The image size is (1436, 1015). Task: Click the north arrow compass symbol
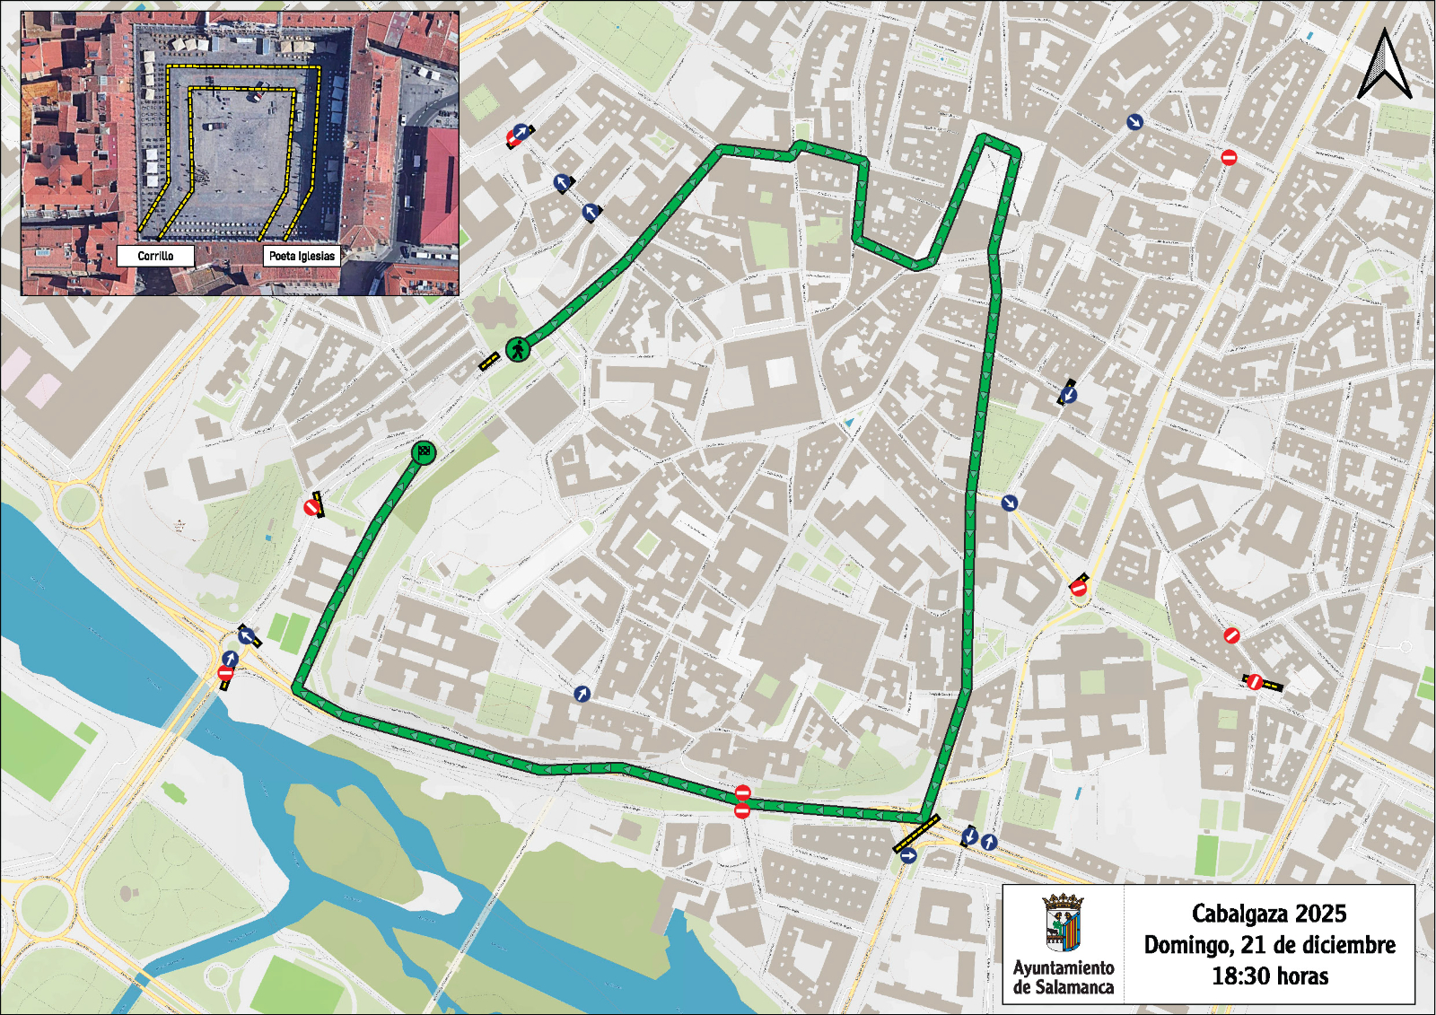click(x=1385, y=65)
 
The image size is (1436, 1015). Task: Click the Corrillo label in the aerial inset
click(x=155, y=256)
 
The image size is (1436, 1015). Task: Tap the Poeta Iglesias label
click(x=302, y=256)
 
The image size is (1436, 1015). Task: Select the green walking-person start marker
click(x=518, y=349)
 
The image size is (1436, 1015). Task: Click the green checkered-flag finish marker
click(x=424, y=452)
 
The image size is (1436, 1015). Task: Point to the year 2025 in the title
click(x=1321, y=914)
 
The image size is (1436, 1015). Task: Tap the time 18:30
click(x=1239, y=976)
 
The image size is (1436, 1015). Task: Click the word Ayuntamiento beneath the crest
click(x=1064, y=967)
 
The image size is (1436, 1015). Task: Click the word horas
click(x=1300, y=976)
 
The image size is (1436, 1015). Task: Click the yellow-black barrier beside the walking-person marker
click(x=488, y=361)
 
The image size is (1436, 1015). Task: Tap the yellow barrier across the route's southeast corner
click(x=915, y=834)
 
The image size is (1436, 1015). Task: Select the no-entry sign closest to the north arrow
click(x=1229, y=157)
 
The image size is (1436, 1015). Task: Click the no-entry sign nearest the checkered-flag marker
click(x=311, y=508)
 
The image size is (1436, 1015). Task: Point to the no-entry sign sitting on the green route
click(x=742, y=792)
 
